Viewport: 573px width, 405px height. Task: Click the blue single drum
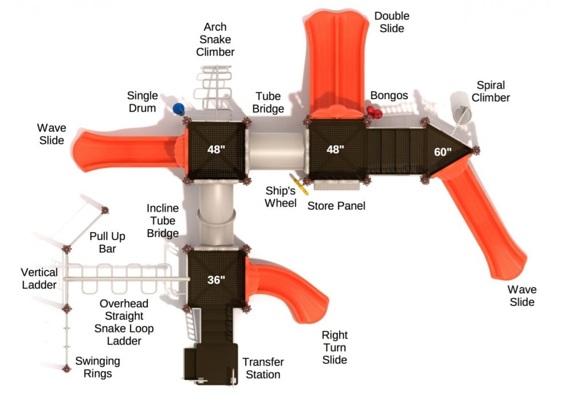(179, 109)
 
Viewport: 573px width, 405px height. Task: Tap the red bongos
(375, 112)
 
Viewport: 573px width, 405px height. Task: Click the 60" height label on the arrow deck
(442, 152)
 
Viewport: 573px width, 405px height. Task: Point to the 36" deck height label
(216, 280)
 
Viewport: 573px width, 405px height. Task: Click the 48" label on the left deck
(216, 150)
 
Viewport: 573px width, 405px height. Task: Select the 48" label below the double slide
(335, 150)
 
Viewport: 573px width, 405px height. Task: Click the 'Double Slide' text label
(392, 22)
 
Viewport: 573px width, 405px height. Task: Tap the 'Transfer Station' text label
(263, 368)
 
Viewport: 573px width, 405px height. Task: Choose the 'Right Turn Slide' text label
(335, 347)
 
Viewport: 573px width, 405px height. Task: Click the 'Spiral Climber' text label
(492, 92)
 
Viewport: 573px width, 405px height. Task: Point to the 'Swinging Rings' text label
(98, 367)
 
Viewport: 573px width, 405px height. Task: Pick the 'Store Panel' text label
(336, 205)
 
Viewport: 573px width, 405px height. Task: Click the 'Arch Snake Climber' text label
(215, 40)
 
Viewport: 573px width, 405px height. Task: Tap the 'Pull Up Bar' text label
(107, 242)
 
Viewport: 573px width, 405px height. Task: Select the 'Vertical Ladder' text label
(39, 278)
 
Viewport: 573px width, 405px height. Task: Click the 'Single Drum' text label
(142, 101)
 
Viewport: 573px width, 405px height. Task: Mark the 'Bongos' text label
(389, 95)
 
